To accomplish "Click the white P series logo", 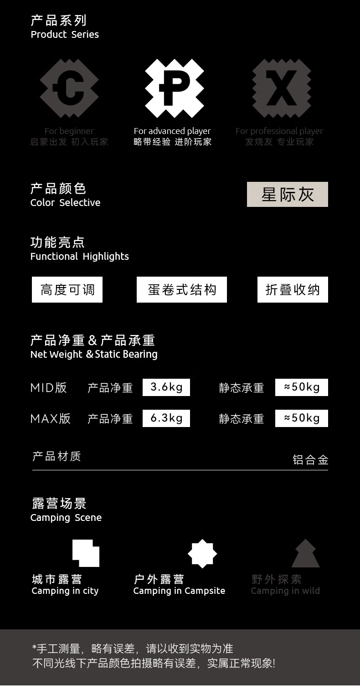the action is point(175,88).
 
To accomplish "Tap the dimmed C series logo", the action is point(69,88).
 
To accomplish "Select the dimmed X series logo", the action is point(281,88).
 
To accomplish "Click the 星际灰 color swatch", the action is point(287,194).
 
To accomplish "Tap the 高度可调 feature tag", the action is point(67,290).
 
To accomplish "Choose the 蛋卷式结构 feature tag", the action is point(181,290).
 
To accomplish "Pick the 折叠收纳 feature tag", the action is point(293,290).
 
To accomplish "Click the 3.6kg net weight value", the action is point(166,387).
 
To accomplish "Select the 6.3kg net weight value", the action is point(166,418).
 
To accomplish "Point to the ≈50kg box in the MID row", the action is point(301,387).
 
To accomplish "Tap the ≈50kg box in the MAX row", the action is point(301,418).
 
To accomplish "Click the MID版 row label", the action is point(49,388).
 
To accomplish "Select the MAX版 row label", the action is point(51,419).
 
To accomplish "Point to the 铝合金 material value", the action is point(310,460).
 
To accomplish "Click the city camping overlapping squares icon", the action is point(86,553).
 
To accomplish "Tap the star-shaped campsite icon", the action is point(202,553).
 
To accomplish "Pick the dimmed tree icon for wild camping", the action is point(305,554).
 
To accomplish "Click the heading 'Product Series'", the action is point(65,35).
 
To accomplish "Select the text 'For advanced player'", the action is point(172,131).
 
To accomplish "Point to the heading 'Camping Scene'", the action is point(66,518).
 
